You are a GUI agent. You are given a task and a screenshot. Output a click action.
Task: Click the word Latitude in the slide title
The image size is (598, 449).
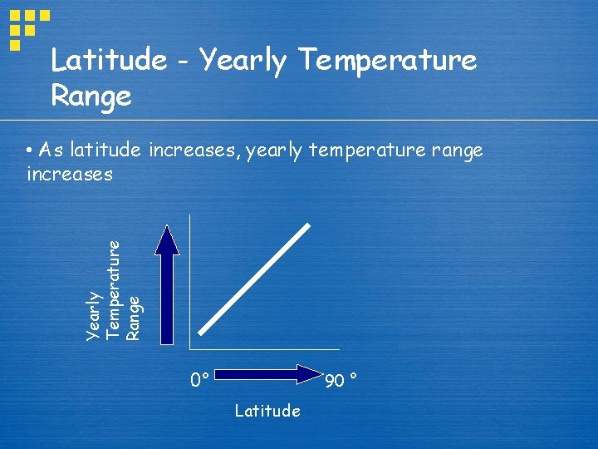click(x=108, y=60)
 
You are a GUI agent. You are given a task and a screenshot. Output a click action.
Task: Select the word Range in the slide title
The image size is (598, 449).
click(x=91, y=96)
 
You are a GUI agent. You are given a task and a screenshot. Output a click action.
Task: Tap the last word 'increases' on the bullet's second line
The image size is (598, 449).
click(x=69, y=175)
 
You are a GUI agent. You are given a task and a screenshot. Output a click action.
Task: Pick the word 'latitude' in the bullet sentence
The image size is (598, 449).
click(x=107, y=150)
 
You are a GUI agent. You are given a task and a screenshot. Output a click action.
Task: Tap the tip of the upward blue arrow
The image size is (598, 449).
click(x=167, y=228)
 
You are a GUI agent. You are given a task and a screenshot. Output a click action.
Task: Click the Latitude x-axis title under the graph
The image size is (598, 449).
click(x=267, y=411)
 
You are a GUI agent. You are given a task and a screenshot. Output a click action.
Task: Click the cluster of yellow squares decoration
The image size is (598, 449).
click(x=27, y=25)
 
